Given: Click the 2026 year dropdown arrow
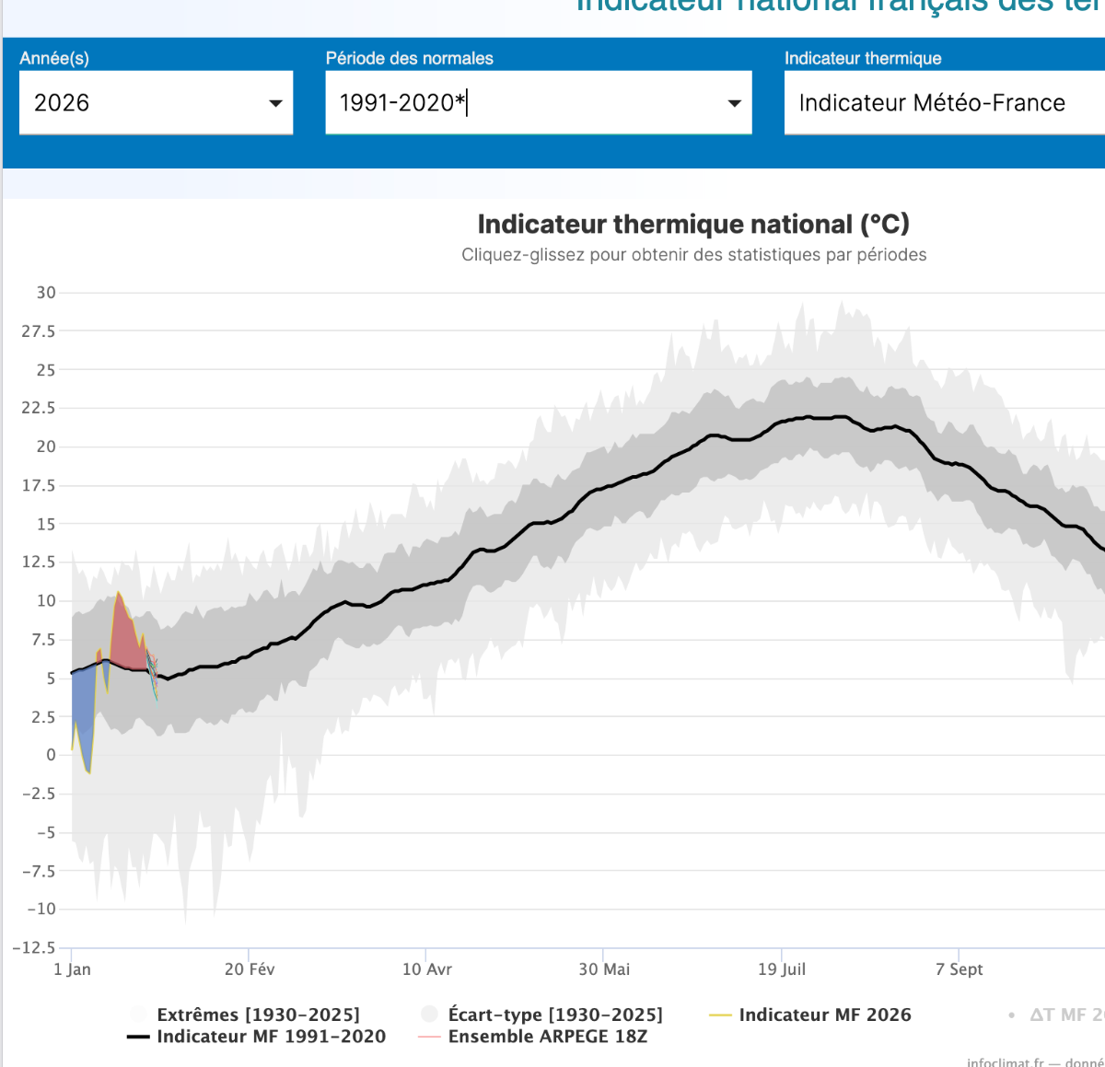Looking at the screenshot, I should (x=275, y=103).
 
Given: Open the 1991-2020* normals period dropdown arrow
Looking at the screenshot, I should (x=734, y=103).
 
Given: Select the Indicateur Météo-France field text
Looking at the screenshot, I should (x=931, y=103).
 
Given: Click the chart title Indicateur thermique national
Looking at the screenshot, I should (x=692, y=224).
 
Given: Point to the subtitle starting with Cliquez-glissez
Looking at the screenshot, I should (x=693, y=255).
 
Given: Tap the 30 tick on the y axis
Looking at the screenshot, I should (x=46, y=293).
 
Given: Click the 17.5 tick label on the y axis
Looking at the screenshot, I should (x=39, y=485).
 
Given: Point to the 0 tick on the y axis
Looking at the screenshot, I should (x=51, y=755).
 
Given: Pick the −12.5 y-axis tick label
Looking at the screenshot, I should (x=34, y=947).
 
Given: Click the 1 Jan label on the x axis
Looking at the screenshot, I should (x=72, y=969).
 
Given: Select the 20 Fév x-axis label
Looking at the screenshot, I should (x=250, y=969).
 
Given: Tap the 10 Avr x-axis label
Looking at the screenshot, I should (x=427, y=969).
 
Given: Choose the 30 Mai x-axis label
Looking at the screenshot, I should (x=604, y=969).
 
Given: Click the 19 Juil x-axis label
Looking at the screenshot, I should (x=782, y=969).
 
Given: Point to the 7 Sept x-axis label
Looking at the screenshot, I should (x=959, y=969).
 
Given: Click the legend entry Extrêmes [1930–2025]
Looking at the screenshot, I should (x=258, y=1015).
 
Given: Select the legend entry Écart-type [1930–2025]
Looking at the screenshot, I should (x=554, y=1015).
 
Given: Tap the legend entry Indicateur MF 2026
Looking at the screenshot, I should (x=824, y=1015).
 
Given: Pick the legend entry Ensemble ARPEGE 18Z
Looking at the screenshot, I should (x=547, y=1037).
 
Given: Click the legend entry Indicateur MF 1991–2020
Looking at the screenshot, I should (x=271, y=1037).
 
